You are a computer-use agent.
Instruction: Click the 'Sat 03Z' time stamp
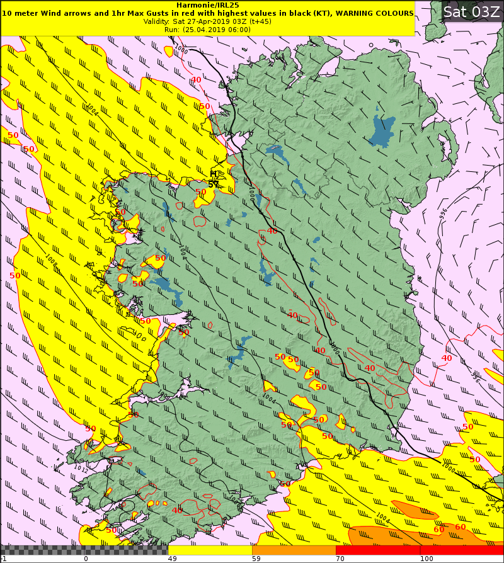pos(471,11)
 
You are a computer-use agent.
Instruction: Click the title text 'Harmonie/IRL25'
pos(207,4)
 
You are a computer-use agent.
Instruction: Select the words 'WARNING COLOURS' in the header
pos(377,13)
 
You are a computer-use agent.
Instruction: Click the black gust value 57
pos(213,184)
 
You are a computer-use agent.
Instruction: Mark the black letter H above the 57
pos(214,174)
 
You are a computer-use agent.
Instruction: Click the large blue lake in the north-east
pos(382,131)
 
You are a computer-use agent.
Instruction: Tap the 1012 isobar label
pos(81,469)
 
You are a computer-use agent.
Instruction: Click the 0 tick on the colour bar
pos(85,558)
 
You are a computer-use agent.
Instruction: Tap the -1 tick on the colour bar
pos(3,558)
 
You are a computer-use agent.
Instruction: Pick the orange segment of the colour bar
pos(294,550)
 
